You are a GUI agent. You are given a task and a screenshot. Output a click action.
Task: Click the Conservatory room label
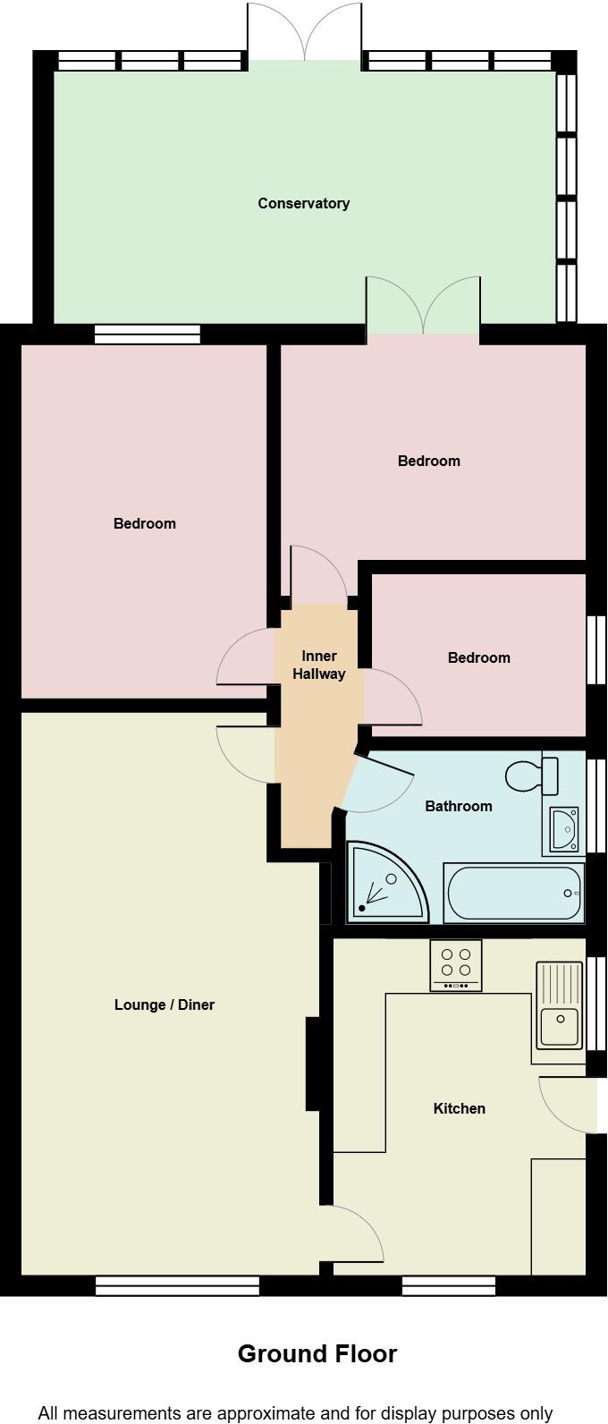(x=304, y=203)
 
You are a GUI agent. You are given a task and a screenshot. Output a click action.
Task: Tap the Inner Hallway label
(x=319, y=665)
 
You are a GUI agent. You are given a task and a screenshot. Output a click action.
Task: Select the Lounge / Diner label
(x=165, y=1004)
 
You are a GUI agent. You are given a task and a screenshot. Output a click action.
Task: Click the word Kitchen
(x=460, y=1108)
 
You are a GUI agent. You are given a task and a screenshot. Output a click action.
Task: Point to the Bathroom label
(x=459, y=806)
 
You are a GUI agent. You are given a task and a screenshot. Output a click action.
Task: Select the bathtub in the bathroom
(x=513, y=893)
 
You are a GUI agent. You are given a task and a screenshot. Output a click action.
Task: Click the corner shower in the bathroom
(x=387, y=882)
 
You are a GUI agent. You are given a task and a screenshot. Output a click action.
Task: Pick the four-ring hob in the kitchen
(x=456, y=965)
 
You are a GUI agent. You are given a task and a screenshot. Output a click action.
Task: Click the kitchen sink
(x=560, y=1005)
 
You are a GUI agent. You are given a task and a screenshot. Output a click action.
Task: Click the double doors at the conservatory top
(x=304, y=32)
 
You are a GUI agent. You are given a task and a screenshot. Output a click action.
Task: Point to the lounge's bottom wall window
(x=177, y=1286)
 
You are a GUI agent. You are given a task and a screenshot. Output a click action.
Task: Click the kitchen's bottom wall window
(x=449, y=1286)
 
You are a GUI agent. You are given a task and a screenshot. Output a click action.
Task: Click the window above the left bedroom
(x=148, y=335)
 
